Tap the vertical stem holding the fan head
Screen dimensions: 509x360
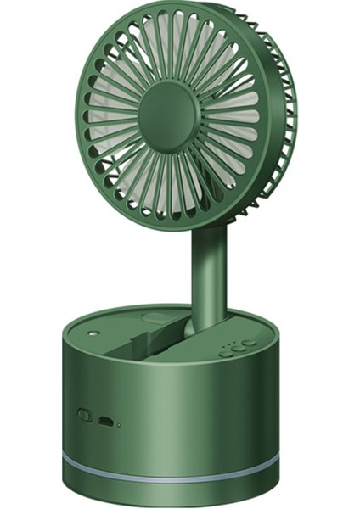coord(209,271)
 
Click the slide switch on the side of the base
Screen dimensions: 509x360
coord(84,416)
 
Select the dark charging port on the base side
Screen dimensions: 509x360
coord(106,421)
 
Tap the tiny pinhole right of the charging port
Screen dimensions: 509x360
coord(120,423)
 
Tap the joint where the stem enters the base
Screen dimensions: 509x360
coord(204,325)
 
